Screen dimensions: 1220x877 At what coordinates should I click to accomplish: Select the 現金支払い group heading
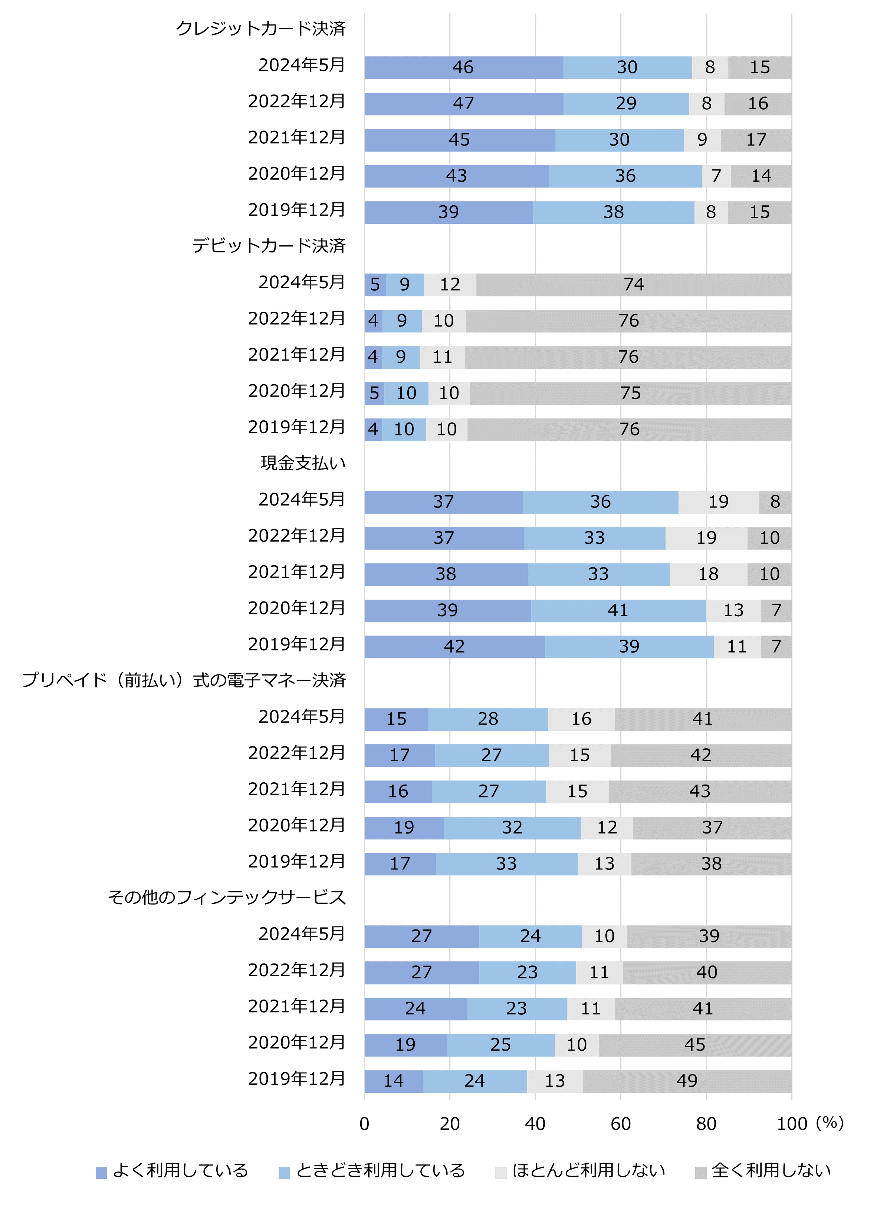pos(303,463)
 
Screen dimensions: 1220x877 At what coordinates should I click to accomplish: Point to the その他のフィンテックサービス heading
pos(227,897)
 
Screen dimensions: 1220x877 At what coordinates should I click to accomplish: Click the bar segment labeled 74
pos(634,285)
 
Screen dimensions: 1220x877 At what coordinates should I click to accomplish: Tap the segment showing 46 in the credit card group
pos(463,67)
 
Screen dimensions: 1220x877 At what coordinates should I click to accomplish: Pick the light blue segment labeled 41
pos(618,610)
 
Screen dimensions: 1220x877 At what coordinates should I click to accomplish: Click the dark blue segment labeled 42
pos(454,647)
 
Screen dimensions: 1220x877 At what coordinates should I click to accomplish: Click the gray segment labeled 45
pos(694,1045)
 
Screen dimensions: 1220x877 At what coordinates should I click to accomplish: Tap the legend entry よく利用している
pos(172,1170)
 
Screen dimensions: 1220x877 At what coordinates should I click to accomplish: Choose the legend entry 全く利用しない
pos(763,1170)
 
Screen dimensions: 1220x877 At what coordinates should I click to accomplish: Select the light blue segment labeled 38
pos(613,212)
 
